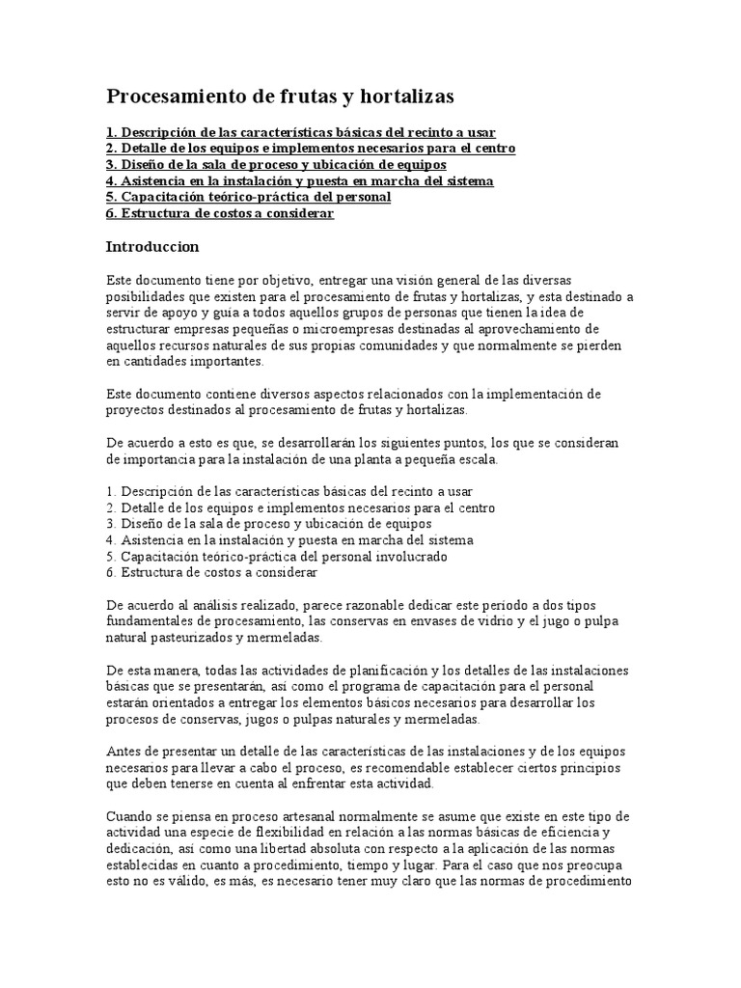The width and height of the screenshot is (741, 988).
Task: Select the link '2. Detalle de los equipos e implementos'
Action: coord(311,149)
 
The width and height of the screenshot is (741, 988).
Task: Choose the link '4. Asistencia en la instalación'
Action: coord(299,181)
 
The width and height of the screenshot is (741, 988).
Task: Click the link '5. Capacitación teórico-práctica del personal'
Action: coord(248,198)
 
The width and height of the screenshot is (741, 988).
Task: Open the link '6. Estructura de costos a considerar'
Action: coord(219,214)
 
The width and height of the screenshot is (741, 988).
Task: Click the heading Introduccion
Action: coord(151,247)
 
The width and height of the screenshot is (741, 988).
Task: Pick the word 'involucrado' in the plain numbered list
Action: coord(413,557)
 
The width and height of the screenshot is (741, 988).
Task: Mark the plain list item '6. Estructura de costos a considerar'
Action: coord(211,573)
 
